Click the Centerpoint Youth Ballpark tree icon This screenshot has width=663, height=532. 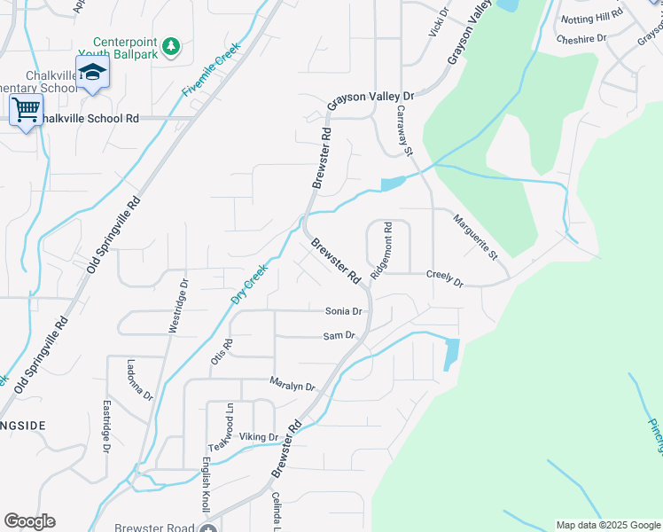tap(172, 45)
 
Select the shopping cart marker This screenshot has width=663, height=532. tap(26, 111)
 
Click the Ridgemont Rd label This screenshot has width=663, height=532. tap(382, 251)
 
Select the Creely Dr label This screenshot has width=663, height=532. tap(444, 279)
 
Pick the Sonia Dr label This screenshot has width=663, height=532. tap(344, 311)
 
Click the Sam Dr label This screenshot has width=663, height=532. tap(339, 335)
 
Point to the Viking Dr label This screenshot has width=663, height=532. tap(259, 436)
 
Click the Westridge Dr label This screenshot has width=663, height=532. tap(178, 306)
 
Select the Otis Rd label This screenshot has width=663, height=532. tap(221, 350)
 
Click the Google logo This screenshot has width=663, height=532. tap(29, 521)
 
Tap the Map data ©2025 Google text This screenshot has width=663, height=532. tap(606, 525)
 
